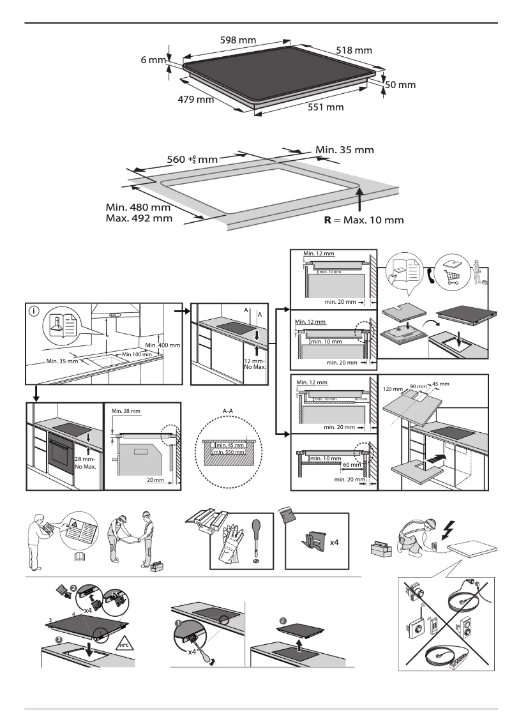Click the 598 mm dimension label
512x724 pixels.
(237, 40)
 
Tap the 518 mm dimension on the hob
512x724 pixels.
(354, 50)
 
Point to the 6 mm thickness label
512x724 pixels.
(153, 60)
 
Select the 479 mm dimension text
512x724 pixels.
(195, 100)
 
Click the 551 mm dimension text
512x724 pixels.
(326, 107)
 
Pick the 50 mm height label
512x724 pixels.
(400, 85)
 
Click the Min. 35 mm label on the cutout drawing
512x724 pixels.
(345, 150)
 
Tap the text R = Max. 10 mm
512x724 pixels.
(363, 220)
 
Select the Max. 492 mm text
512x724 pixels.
(139, 218)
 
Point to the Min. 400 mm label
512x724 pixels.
(163, 345)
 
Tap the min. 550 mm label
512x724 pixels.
(229, 452)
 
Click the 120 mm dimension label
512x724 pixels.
(393, 389)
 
